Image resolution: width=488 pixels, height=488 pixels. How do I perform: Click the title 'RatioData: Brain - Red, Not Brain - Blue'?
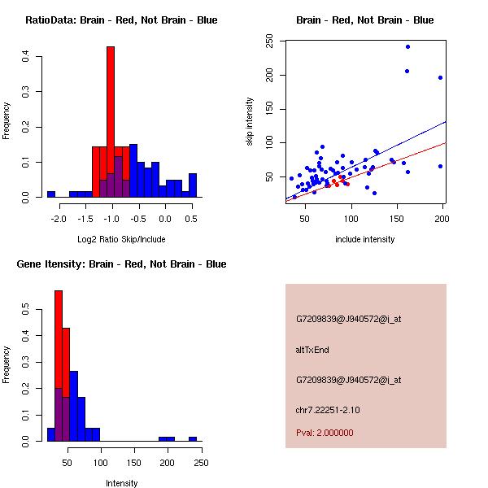click(121, 20)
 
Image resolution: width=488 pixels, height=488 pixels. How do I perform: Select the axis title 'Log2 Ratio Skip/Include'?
click(121, 239)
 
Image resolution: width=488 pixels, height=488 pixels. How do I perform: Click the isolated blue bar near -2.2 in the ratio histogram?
click(50, 194)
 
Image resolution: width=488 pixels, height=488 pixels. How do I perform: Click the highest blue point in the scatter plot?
click(407, 46)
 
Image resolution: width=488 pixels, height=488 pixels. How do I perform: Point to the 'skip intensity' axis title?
click(250, 122)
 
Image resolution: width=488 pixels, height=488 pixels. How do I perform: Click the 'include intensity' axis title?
click(365, 239)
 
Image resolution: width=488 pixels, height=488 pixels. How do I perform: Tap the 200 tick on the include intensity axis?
click(442, 218)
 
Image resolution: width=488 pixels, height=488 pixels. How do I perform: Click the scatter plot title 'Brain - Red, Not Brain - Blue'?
click(365, 20)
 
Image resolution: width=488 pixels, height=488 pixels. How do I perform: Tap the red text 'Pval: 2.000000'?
click(325, 433)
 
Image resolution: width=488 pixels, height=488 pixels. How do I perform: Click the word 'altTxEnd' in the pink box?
click(312, 350)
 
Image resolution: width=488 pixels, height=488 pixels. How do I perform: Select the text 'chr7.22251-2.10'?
click(328, 409)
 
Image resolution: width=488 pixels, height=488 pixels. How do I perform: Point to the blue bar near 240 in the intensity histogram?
click(193, 438)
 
